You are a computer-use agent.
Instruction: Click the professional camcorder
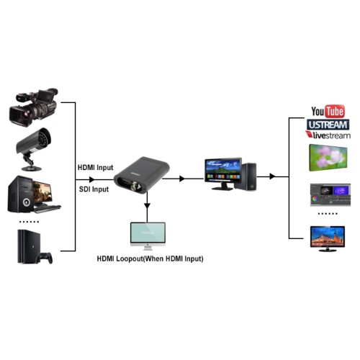tap(33, 107)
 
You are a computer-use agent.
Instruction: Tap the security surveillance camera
tap(33, 149)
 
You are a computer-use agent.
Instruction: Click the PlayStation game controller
tap(45, 258)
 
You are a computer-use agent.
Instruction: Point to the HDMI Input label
tap(95, 168)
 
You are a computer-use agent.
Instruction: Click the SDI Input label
tap(94, 189)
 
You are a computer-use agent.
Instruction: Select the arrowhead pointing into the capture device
tap(91, 179)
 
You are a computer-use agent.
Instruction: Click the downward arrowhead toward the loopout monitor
tap(147, 206)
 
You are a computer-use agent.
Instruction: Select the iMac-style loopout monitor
tap(148, 236)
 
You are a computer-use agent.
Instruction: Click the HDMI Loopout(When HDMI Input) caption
tap(150, 259)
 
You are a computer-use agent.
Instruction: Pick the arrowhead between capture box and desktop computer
tap(182, 179)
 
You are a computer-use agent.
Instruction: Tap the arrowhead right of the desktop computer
tap(272, 176)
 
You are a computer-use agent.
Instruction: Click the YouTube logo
tap(328, 112)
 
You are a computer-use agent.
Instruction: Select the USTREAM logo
tap(328, 125)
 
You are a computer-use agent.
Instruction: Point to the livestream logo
tap(328, 135)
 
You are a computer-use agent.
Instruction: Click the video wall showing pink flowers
tap(328, 158)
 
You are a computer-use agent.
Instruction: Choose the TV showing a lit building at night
tap(328, 238)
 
